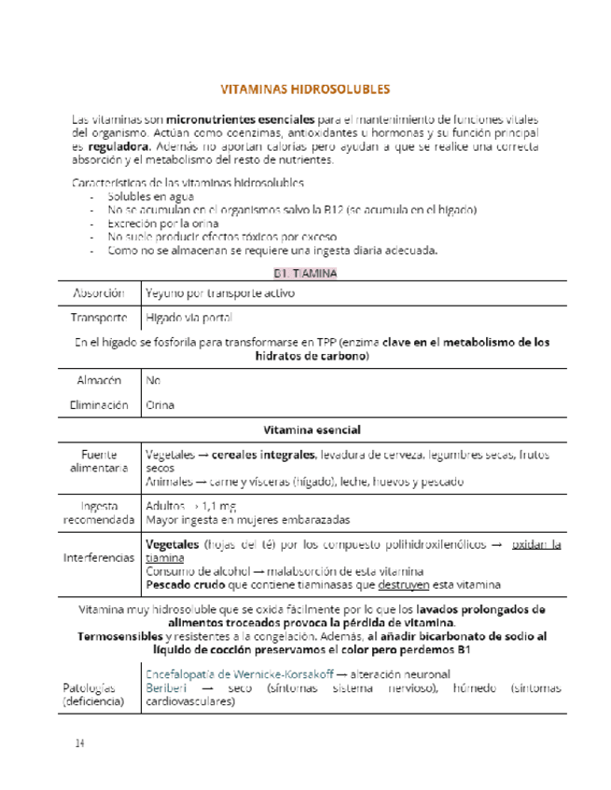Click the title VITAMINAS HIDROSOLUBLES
(x=305, y=90)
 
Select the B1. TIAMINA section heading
(x=305, y=273)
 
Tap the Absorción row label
(x=99, y=293)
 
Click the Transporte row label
(x=98, y=317)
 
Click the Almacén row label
(x=99, y=381)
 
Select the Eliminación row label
(x=99, y=405)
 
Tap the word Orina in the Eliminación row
(x=160, y=405)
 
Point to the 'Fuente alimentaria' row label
(x=99, y=461)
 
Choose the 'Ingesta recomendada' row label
(x=99, y=511)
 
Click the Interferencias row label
(x=99, y=557)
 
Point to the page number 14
(x=81, y=743)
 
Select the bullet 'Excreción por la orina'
(x=163, y=224)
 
